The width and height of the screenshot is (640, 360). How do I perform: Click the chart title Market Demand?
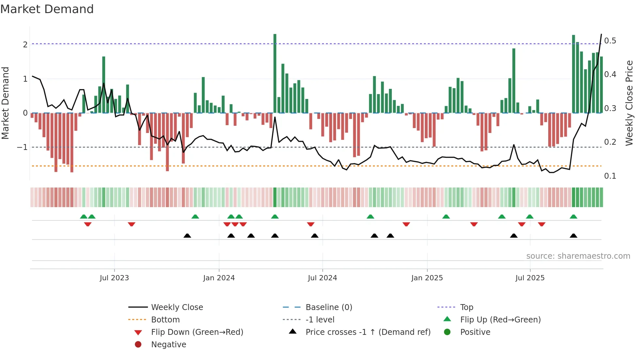[x=47, y=9]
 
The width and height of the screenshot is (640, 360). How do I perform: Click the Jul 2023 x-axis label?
[x=114, y=278]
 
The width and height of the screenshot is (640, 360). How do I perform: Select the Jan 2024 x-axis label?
[x=219, y=278]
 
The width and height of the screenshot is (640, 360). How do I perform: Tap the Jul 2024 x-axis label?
[x=322, y=278]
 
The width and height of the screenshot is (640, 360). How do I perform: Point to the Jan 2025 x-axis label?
[x=427, y=278]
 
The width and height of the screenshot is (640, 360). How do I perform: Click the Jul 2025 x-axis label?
[x=530, y=278]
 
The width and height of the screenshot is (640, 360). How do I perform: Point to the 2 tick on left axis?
[x=25, y=45]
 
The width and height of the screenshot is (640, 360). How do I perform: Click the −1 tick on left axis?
[x=23, y=147]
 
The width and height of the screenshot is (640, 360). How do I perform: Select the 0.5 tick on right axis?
[x=610, y=41]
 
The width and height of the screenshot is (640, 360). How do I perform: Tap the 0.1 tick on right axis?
[x=610, y=176]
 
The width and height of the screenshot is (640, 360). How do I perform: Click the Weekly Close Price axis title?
[x=629, y=103]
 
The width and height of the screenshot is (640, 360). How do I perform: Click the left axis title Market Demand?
[x=5, y=103]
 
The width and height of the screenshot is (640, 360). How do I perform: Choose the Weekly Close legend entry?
[x=177, y=307]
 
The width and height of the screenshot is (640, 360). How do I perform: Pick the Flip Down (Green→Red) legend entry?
[x=197, y=332]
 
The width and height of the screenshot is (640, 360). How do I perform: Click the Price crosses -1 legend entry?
[x=368, y=332]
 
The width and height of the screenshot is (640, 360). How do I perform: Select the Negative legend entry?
[x=168, y=345]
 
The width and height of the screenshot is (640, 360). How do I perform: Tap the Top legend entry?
[x=466, y=307]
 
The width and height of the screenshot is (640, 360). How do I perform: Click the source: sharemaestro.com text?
[x=578, y=256]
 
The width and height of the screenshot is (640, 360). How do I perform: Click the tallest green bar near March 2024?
[x=275, y=74]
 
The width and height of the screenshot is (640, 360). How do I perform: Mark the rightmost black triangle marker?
[x=573, y=236]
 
